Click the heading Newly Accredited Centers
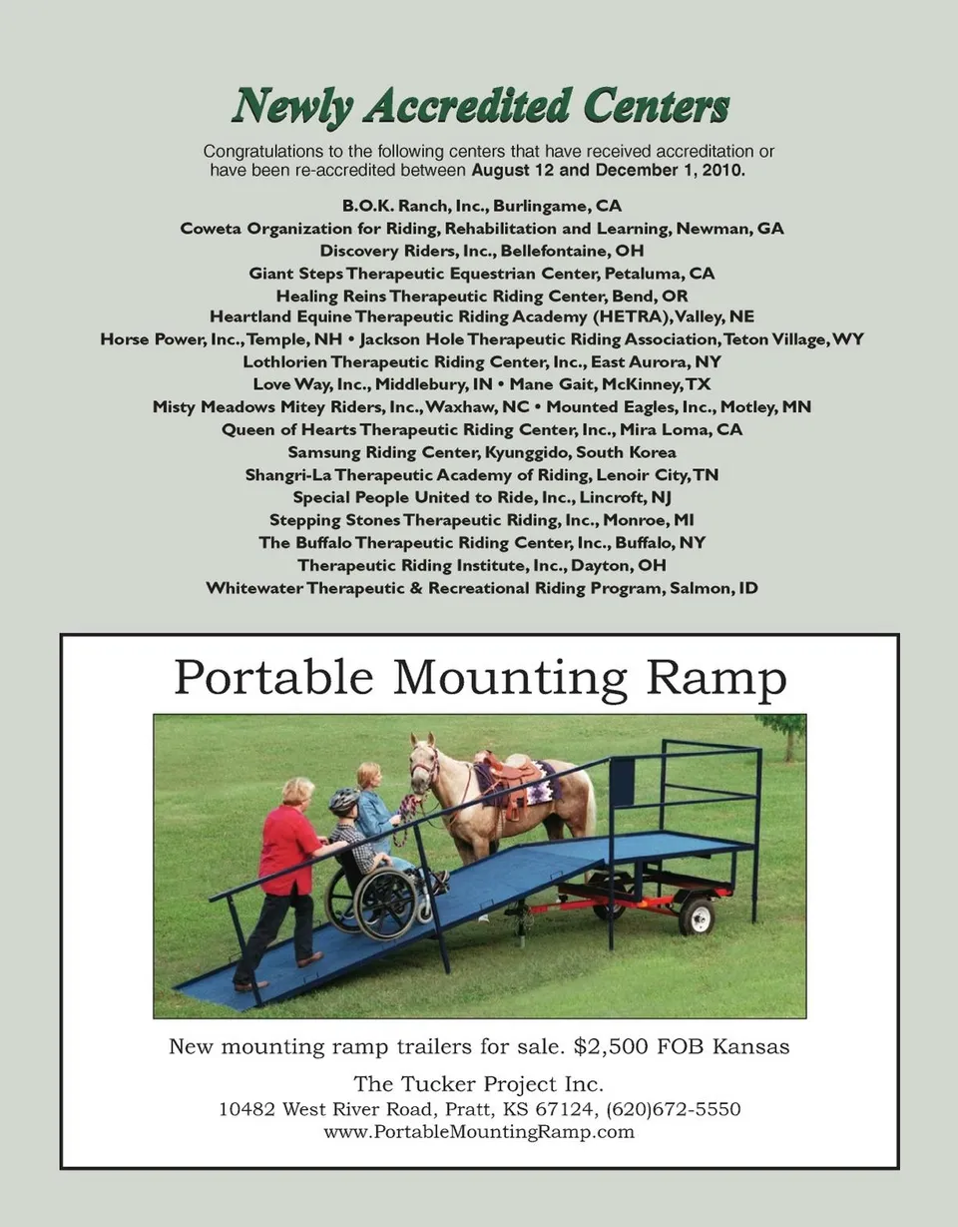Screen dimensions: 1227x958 pyautogui.click(x=480, y=107)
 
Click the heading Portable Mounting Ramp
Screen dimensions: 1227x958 pyautogui.click(x=480, y=680)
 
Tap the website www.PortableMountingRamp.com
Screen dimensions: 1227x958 pyautogui.click(x=479, y=1132)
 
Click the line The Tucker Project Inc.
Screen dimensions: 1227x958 pyautogui.click(x=479, y=1084)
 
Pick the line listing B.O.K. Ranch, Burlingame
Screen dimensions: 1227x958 pyautogui.click(x=481, y=207)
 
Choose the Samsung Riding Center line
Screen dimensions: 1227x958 pyautogui.click(x=481, y=452)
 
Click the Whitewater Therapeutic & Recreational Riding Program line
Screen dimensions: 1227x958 pyautogui.click(x=481, y=588)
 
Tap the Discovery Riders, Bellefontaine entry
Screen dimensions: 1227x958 pyautogui.click(x=481, y=251)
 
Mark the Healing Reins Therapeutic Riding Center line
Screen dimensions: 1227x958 pyautogui.click(x=481, y=296)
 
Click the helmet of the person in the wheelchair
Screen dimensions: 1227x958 pyautogui.click(x=344, y=800)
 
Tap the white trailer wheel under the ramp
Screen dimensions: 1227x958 pyautogui.click(x=697, y=916)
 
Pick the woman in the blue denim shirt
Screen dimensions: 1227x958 pyautogui.click(x=373, y=814)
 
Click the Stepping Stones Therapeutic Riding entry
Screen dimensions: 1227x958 pyautogui.click(x=481, y=520)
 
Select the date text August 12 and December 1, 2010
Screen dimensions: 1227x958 pyautogui.click(x=608, y=171)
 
